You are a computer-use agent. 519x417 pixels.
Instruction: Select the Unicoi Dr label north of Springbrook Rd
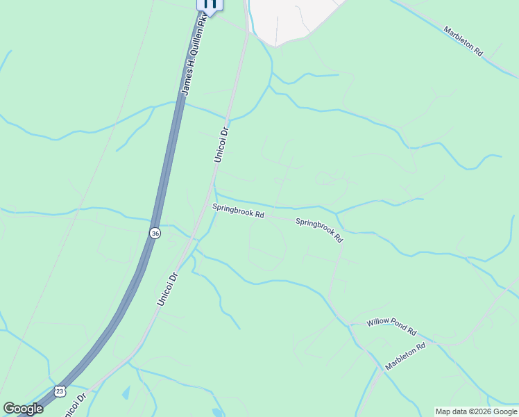click(x=221, y=145)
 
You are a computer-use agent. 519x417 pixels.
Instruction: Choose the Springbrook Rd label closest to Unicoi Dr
click(x=238, y=211)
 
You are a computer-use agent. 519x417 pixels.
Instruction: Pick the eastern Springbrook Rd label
click(x=319, y=230)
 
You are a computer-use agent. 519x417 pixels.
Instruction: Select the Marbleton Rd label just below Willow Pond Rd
click(x=405, y=356)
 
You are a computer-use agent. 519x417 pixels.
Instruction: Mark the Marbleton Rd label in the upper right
click(x=463, y=42)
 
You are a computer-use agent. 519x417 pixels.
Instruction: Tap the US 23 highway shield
click(x=60, y=392)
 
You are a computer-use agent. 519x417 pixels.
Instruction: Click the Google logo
click(x=23, y=409)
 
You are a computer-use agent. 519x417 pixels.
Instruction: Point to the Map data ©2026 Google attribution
click(x=476, y=411)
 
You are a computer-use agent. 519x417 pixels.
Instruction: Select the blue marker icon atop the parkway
click(x=210, y=4)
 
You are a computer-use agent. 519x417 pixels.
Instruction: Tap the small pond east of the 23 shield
click(x=126, y=393)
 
